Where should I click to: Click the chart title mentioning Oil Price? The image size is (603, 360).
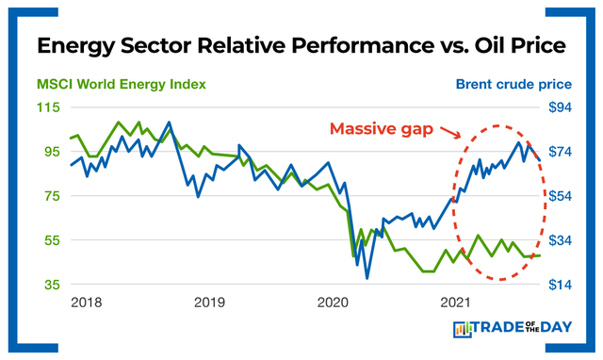click(301, 44)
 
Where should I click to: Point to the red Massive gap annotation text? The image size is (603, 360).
click(381, 129)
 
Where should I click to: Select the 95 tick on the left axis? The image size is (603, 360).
click(49, 152)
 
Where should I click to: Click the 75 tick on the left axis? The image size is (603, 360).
click(49, 196)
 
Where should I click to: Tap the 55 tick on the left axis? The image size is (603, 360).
click(49, 240)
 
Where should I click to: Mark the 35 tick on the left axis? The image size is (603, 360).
click(49, 285)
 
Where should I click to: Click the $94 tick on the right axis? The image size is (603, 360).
click(562, 107)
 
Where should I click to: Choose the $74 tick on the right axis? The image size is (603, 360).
click(562, 152)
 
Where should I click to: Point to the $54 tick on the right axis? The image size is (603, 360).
click(562, 196)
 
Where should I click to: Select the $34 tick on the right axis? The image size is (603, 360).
click(562, 240)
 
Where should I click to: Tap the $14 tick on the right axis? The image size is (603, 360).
click(562, 285)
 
